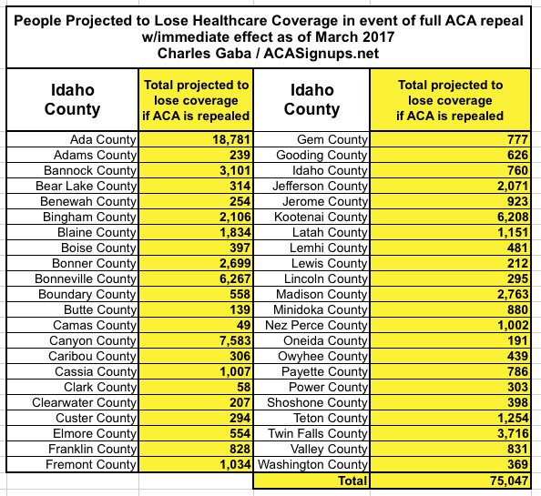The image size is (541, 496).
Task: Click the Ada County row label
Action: pyautogui.click(x=103, y=139)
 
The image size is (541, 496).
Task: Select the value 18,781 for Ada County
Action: pyautogui.click(x=231, y=139)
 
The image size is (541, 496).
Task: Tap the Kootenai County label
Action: pyautogui.click(x=321, y=217)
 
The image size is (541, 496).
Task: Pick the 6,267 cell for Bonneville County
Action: pyautogui.click(x=235, y=278)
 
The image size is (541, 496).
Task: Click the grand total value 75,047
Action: pyautogui.click(x=509, y=481)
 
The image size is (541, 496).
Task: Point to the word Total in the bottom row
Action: pyautogui.click(x=352, y=481)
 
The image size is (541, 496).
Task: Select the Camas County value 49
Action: pyautogui.click(x=243, y=325)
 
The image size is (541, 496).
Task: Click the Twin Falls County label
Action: pyautogui.click(x=318, y=433)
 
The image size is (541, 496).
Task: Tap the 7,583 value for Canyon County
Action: pyautogui.click(x=235, y=340)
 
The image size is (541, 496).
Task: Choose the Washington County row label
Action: pyautogui.click(x=312, y=464)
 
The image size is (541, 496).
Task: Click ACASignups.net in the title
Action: pyautogui.click(x=322, y=54)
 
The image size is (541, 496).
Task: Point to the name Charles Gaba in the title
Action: pyautogui.click(x=204, y=54)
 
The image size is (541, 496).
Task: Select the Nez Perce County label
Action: pyautogui.click(x=316, y=325)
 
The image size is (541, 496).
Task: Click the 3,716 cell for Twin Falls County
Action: pyautogui.click(x=513, y=433)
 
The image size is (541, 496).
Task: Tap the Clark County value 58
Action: pyautogui.click(x=243, y=387)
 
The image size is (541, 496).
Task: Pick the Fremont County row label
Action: pyautogui.click(x=91, y=464)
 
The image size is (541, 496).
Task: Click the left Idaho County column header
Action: pyautogui.click(x=73, y=99)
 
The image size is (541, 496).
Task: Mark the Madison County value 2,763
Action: pyautogui.click(x=513, y=294)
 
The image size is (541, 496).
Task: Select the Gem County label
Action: pyautogui.click(x=332, y=139)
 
